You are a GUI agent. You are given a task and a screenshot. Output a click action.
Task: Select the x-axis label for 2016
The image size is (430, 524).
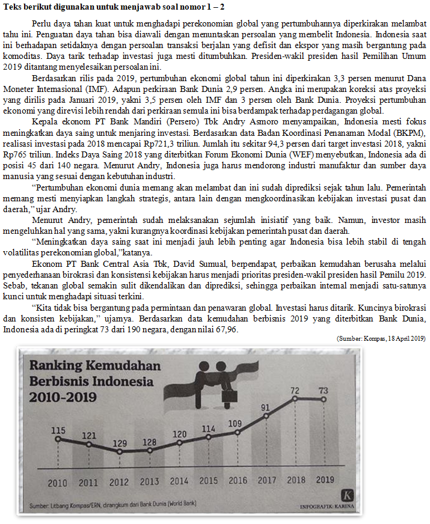click(x=238, y=481)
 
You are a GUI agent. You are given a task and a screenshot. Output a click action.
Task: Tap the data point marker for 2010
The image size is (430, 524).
click(x=58, y=439)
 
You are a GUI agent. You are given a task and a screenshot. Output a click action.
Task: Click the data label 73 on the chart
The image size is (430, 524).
click(x=323, y=391)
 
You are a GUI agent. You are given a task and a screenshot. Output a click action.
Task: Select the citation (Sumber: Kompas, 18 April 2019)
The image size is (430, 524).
click(x=381, y=339)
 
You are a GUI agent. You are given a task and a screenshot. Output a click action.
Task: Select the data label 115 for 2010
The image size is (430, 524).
click(x=58, y=430)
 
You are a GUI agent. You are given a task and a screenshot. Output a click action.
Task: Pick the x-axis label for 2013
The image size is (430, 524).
click(x=149, y=481)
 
